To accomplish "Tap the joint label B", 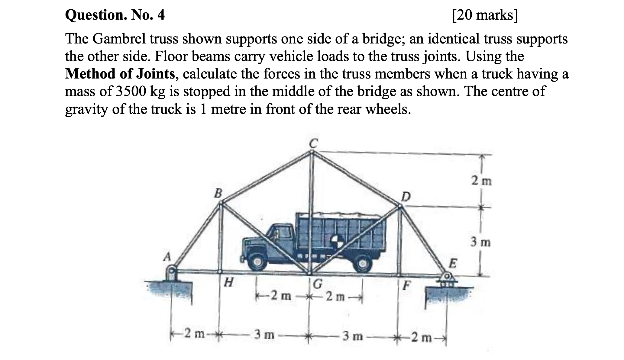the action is [x=218, y=193].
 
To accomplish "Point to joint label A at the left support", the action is [x=166, y=257].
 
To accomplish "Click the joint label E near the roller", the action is [x=452, y=263].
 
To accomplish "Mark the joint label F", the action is [x=407, y=284].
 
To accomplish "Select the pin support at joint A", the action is [x=171, y=273].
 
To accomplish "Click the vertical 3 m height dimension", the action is [x=480, y=242].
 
